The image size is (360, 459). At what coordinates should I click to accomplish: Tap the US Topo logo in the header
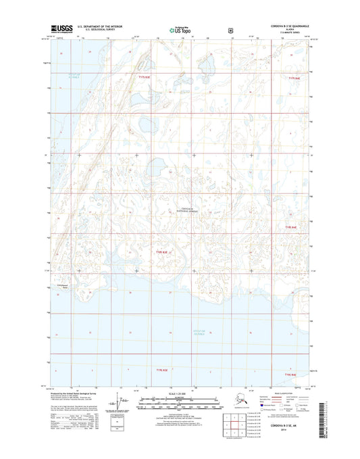(180, 30)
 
